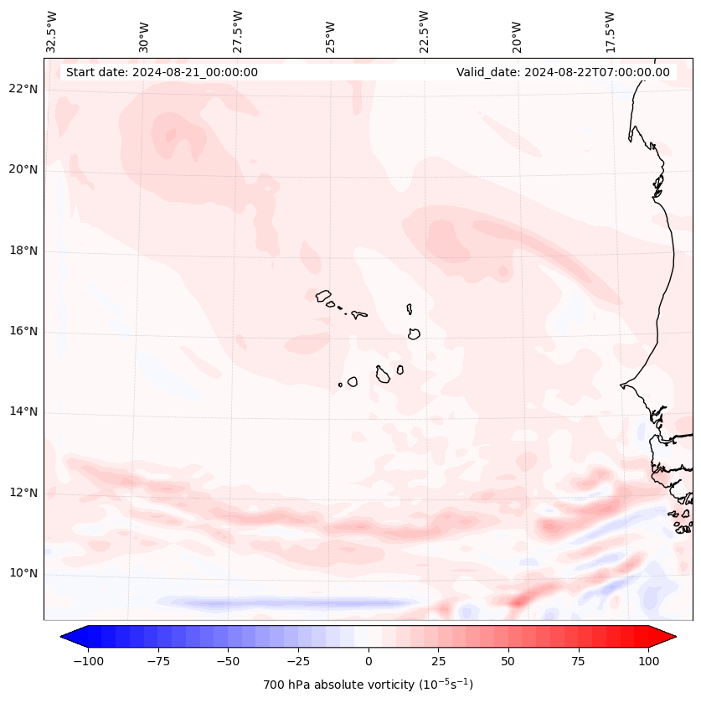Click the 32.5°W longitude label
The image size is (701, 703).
click(52, 31)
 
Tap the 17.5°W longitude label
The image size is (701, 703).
click(610, 31)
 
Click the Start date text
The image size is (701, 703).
click(162, 72)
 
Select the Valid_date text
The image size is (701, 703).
click(563, 72)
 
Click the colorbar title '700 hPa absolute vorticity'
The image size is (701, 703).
click(368, 685)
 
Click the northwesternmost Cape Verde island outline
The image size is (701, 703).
click(323, 295)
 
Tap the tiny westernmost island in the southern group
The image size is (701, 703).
click(340, 385)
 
